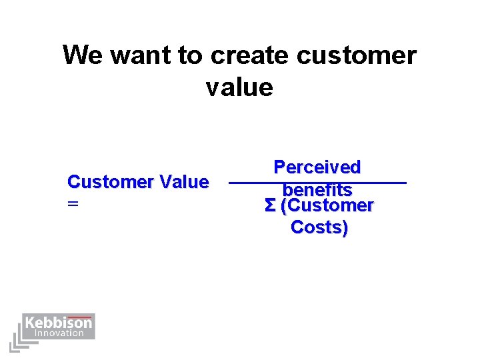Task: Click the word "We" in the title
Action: (x=83, y=55)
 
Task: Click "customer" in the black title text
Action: (x=357, y=55)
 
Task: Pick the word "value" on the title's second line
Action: (x=239, y=87)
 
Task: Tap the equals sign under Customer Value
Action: (x=73, y=205)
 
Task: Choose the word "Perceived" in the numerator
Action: (x=317, y=167)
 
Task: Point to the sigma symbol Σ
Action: (x=270, y=206)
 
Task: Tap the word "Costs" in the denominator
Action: (x=316, y=227)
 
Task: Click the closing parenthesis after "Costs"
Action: (x=345, y=227)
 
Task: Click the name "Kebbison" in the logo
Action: (x=58, y=323)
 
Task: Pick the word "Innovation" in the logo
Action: (x=59, y=333)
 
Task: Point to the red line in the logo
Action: (x=80, y=316)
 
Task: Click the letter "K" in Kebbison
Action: (x=30, y=323)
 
